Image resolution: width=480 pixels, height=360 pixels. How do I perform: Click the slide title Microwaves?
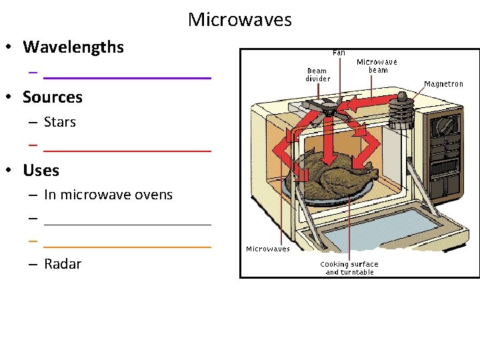(239, 19)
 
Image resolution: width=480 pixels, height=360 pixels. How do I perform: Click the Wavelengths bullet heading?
(73, 47)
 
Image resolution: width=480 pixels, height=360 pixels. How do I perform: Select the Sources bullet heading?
(52, 97)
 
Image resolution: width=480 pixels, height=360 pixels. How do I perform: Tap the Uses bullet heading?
(41, 170)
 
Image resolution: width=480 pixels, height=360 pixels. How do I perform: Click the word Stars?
(60, 122)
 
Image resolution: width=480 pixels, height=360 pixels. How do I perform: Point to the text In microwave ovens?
(108, 195)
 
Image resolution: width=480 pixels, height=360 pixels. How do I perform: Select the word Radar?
(63, 264)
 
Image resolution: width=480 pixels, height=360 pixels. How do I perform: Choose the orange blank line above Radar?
(127, 247)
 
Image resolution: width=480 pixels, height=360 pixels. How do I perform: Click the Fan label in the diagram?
(339, 53)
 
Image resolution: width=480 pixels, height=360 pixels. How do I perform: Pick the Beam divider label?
(317, 74)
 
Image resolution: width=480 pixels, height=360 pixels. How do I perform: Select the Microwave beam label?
(377, 65)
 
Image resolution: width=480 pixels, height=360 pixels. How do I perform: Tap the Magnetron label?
(443, 84)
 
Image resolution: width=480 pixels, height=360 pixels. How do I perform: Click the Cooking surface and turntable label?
(349, 268)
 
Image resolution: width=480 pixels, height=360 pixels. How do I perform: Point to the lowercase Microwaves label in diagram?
(268, 249)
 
